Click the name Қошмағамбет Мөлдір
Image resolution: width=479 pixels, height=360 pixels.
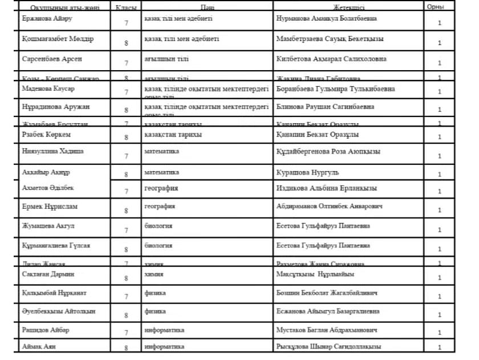(58, 39)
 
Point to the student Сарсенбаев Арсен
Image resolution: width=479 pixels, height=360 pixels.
(52, 59)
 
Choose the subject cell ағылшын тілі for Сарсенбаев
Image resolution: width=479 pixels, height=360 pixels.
(167, 59)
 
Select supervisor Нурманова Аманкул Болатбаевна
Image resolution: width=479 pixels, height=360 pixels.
(326, 18)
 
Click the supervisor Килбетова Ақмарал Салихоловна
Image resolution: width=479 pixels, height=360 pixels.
(331, 59)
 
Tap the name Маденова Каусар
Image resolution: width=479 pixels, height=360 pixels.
(48, 89)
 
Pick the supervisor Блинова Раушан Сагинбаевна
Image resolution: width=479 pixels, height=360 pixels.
(325, 107)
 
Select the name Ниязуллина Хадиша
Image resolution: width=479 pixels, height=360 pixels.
(52, 151)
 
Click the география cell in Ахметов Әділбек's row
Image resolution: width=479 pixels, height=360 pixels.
(161, 188)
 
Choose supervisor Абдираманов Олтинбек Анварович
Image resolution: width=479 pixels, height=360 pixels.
(329, 206)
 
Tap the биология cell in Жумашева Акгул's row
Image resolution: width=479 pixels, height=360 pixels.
(159, 226)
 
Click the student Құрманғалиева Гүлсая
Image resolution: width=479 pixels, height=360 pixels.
(56, 245)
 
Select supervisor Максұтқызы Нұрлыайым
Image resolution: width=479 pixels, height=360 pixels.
(315, 274)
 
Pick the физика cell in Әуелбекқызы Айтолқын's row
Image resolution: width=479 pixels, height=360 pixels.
(155, 312)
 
